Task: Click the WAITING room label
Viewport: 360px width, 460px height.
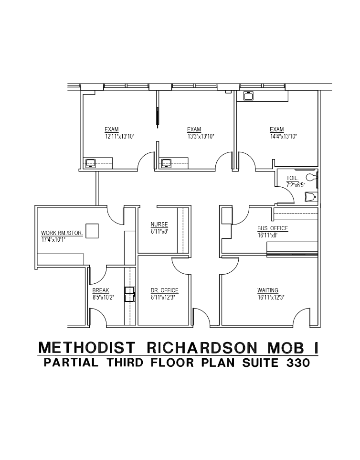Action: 268,290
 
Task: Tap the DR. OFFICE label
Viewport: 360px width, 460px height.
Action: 164,290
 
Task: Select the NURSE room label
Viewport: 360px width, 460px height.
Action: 159,225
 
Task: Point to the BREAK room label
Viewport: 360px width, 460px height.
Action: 101,290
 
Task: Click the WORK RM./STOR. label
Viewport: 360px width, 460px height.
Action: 62,233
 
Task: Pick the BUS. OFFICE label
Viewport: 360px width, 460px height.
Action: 273,228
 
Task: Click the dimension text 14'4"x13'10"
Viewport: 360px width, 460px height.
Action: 283,137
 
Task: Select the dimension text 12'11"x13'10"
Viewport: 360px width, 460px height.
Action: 119,137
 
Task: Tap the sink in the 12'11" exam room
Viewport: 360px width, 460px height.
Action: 91,163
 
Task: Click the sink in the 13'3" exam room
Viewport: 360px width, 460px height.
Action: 167,163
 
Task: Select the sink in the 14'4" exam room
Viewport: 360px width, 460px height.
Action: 248,96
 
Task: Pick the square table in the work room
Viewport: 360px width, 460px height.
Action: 92,231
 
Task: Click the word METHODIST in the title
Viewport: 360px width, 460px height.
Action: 81,348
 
